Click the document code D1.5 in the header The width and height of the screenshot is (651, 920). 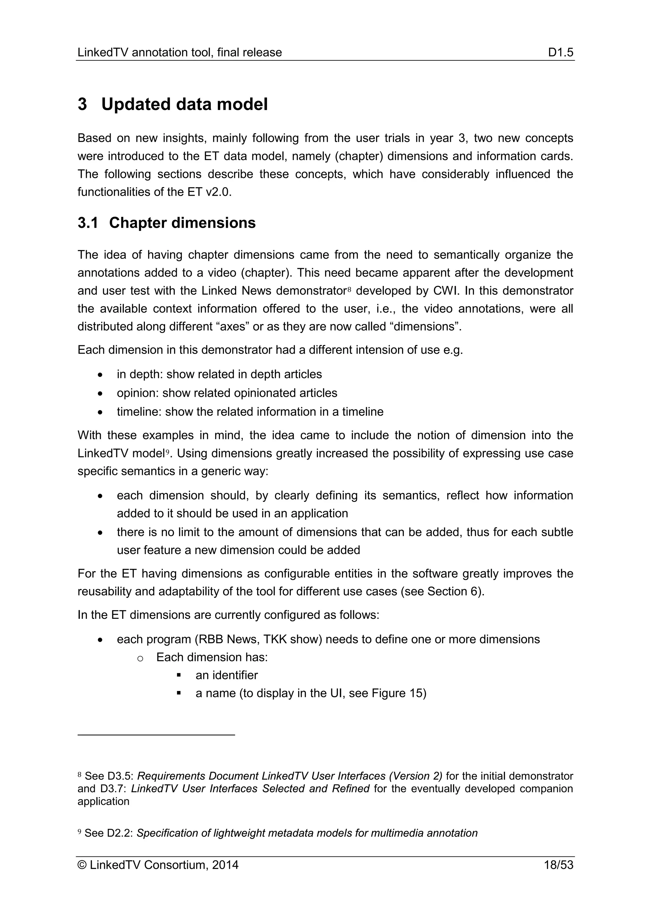pos(561,52)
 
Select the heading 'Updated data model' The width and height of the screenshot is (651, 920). pos(184,104)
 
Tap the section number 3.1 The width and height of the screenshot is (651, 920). pos(88,223)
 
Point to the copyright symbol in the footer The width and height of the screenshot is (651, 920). pos(82,876)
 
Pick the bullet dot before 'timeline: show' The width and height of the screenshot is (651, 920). pos(100,412)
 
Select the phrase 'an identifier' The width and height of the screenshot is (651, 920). pos(227,675)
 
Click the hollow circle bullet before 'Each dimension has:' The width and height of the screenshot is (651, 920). pos(140,658)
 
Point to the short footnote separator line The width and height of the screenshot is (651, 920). pos(156,735)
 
